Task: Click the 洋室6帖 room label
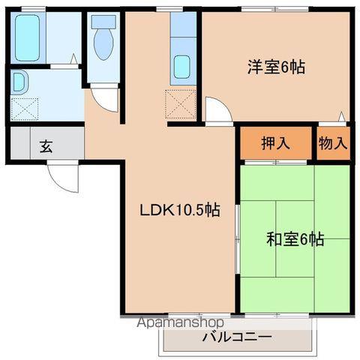click(276, 67)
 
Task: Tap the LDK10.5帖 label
click(180, 210)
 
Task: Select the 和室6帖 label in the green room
click(295, 239)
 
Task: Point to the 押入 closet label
click(275, 143)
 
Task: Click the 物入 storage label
click(333, 143)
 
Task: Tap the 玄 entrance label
click(46, 146)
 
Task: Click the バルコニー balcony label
click(237, 337)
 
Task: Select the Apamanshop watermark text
click(180, 322)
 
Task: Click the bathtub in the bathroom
click(28, 37)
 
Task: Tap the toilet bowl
click(103, 44)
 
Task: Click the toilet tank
click(103, 22)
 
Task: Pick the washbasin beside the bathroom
click(19, 82)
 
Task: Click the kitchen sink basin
click(182, 67)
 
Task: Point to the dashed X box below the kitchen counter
click(181, 104)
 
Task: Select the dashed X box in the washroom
click(25, 109)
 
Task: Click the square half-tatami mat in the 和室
click(295, 238)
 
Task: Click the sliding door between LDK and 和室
click(238, 238)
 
